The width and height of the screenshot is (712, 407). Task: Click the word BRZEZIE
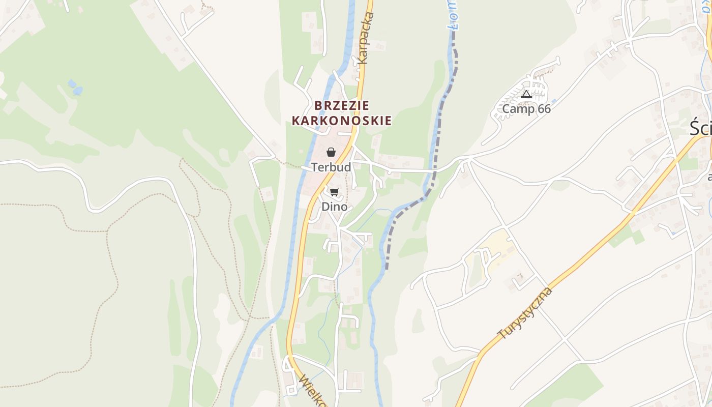tap(342, 106)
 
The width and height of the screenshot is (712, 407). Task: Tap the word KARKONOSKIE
tap(342, 121)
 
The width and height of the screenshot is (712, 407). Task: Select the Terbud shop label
tap(331, 167)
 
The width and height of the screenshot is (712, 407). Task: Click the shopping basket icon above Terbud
tap(331, 152)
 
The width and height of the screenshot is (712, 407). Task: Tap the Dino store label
tap(334, 207)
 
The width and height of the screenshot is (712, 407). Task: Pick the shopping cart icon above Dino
tap(334, 192)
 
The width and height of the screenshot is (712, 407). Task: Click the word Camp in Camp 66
tap(518, 109)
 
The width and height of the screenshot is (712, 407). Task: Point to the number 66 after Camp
tap(544, 109)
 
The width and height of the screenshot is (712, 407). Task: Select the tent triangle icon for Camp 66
tap(526, 94)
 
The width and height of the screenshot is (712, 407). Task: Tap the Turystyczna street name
tap(525, 313)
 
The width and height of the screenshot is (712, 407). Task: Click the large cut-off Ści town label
tap(701, 128)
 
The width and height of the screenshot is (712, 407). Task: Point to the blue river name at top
tap(454, 15)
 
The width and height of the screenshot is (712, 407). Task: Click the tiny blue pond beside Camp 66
tap(553, 101)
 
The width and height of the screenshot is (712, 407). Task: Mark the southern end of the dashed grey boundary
tap(387, 267)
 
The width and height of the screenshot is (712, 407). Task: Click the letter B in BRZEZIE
tap(319, 106)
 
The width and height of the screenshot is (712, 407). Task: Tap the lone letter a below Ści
tap(709, 177)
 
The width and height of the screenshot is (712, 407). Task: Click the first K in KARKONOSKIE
tap(296, 121)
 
